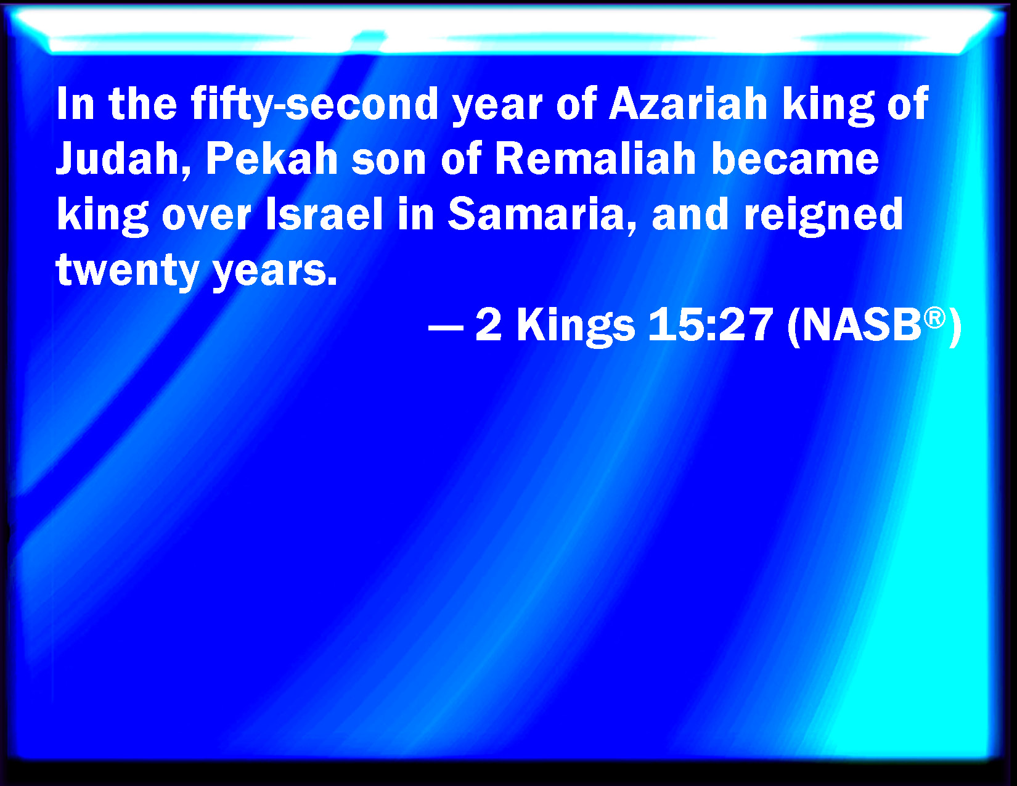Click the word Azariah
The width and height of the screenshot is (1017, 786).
coord(688,104)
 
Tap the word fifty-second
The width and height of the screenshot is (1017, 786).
coord(314,106)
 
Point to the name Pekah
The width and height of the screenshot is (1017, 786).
coord(272,158)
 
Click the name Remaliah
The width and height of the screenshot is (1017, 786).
coord(595,158)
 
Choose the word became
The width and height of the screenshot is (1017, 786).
coord(794,158)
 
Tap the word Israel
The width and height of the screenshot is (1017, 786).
coord(325,214)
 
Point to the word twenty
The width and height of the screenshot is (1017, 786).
coord(128,271)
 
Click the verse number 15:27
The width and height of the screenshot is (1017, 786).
coord(711,325)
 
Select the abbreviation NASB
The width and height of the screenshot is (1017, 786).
coord(862,325)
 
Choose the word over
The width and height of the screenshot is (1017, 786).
coord(206,218)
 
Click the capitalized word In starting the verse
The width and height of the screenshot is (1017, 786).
coord(75,104)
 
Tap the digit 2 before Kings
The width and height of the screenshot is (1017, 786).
coord(489,325)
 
